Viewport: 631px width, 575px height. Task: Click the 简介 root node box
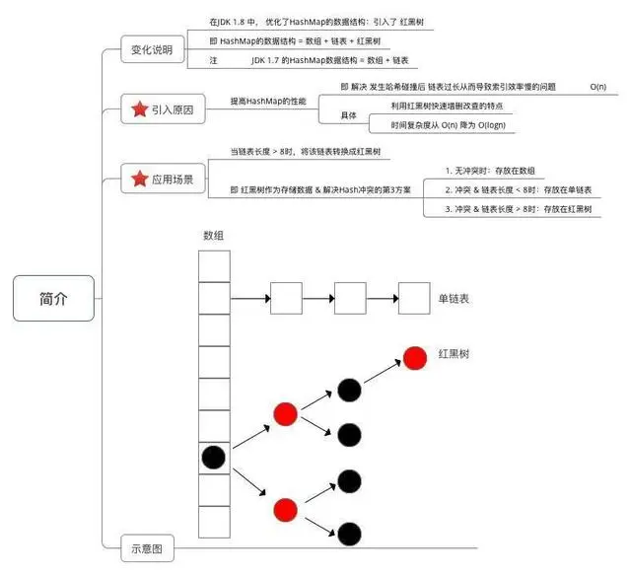point(54,298)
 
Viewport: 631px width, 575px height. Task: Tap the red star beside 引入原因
point(138,109)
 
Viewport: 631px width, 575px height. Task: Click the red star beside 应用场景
point(138,179)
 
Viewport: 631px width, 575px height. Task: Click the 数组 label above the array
point(214,236)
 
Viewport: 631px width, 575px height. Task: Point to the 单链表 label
point(455,297)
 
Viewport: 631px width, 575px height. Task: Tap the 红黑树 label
point(455,352)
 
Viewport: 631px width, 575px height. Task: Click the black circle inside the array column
point(214,458)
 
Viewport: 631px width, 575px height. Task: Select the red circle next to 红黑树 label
point(414,355)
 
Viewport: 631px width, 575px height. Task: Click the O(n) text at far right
point(597,87)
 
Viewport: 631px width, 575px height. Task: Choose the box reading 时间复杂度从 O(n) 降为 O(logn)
point(441,125)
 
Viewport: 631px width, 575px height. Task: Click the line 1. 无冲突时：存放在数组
point(490,170)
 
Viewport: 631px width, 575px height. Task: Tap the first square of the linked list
point(286,297)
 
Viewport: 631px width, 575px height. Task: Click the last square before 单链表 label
point(413,297)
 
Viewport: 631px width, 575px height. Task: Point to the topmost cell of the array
point(214,265)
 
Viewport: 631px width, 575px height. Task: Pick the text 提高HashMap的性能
point(268,101)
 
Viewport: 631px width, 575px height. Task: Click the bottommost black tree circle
point(348,534)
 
